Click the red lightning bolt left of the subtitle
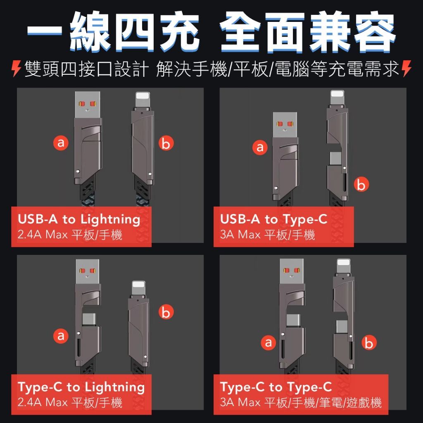coord(17,69)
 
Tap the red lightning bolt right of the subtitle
coord(406,69)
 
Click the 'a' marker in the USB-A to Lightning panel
coord(61,143)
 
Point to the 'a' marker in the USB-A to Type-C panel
coord(260,147)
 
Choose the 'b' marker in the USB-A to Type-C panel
coord(361,185)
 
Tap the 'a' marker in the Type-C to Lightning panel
coord(61,336)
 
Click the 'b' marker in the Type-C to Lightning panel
coord(166,311)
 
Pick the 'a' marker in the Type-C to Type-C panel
coord(269,342)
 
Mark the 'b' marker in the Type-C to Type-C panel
coord(369,342)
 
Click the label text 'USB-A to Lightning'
coord(79,220)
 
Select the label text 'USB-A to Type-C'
coord(273,220)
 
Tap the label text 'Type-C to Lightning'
coord(81,387)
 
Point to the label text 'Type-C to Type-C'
coord(276,387)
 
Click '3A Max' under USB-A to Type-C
coord(240,235)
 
